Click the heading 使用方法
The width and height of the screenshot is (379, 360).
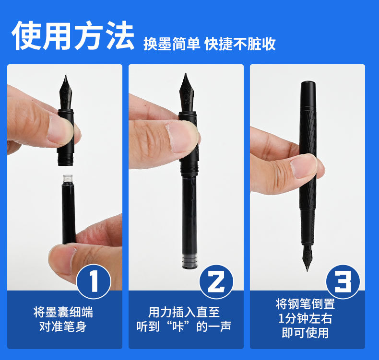coord(73,36)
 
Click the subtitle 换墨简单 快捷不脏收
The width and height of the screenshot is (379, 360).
coord(209,44)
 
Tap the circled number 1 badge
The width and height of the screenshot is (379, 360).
coord(94,281)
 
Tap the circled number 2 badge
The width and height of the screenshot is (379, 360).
coord(216,281)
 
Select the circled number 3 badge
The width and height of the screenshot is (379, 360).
coord(343,281)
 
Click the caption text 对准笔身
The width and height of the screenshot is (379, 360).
coord(63,326)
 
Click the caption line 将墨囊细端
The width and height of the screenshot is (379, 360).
coord(63,312)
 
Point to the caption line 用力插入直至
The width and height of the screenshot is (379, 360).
coord(184,312)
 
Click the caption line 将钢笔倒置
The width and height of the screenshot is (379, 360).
coord(305,304)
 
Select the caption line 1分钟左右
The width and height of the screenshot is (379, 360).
coord(305,318)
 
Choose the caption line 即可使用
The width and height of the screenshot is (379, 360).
coord(305,333)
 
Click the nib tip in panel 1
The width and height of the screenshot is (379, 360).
coord(66,76)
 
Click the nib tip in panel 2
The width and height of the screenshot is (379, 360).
coord(186,74)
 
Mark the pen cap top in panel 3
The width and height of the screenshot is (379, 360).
coord(308,83)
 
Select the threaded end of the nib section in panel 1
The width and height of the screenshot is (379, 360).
coord(65,159)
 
